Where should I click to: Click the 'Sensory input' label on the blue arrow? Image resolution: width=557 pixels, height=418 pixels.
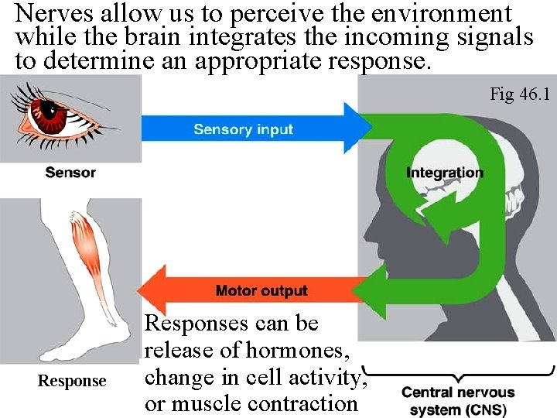[x=243, y=129]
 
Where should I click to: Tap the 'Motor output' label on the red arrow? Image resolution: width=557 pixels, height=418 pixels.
[x=261, y=291]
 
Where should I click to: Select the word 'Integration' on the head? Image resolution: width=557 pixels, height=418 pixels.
[x=444, y=173]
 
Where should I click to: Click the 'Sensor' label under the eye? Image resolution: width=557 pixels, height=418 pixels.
[x=70, y=172]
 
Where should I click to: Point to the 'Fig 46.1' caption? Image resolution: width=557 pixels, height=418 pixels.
[x=519, y=94]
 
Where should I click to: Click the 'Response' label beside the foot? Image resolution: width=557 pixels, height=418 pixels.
[x=72, y=381]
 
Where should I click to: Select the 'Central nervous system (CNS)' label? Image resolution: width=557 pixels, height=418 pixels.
[x=458, y=401]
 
